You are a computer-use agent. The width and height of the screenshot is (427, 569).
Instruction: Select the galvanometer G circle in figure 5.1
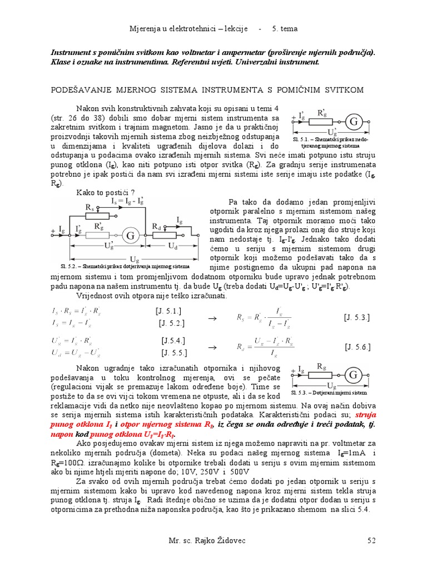coord(352,122)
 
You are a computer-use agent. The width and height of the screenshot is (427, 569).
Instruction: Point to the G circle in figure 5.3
coord(353,376)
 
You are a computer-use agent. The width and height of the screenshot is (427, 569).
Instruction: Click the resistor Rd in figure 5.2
coord(165,236)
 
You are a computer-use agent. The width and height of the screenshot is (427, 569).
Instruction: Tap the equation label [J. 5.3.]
coord(357,317)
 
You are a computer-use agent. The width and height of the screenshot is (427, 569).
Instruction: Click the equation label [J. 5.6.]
coord(357,347)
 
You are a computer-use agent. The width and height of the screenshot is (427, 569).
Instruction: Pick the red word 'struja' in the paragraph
coord(366,415)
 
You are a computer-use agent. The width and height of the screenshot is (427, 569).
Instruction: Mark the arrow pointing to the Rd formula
coord(211,347)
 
